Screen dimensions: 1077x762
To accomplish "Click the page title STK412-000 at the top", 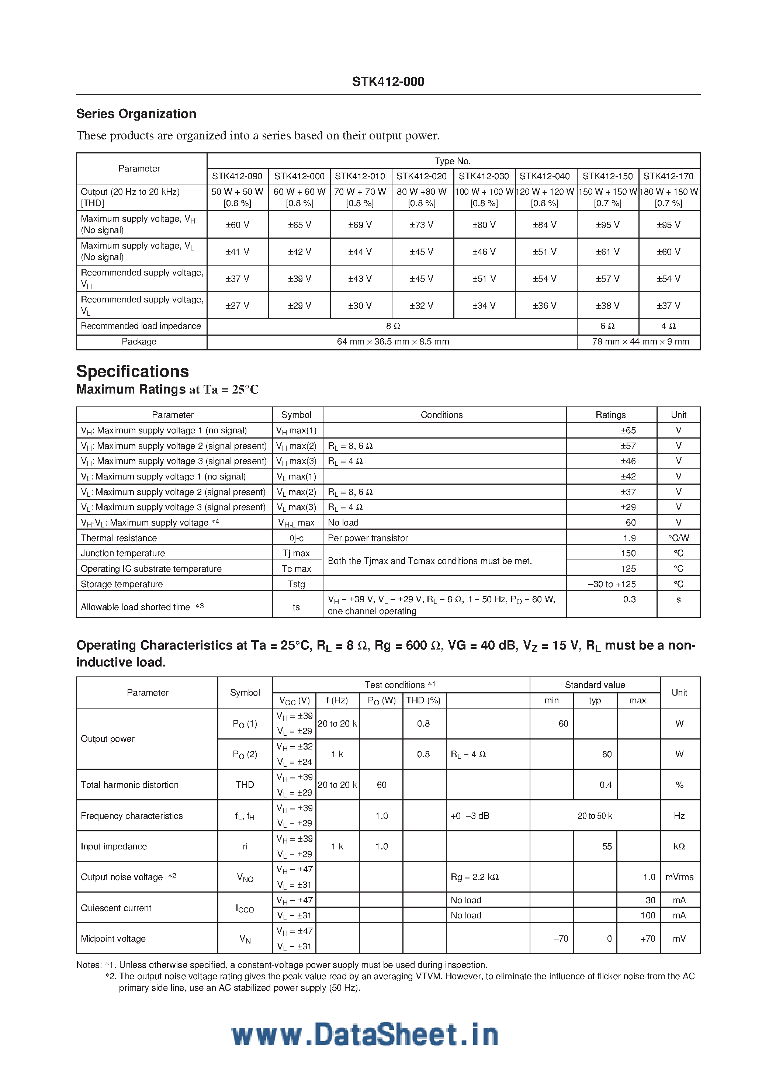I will click(388, 82).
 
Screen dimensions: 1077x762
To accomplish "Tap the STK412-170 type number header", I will click(668, 176).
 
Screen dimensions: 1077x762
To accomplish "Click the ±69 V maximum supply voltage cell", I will click(360, 225).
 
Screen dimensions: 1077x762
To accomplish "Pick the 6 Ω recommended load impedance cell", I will click(607, 326).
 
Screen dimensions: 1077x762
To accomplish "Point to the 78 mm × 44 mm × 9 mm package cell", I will click(641, 342).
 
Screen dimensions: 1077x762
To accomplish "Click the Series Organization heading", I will click(136, 114).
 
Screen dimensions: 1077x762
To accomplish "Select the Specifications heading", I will click(132, 371).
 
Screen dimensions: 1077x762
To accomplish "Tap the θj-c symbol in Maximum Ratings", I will click(296, 538).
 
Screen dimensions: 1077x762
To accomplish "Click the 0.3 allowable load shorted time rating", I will click(629, 599).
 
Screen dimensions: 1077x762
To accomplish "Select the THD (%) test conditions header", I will click(423, 701).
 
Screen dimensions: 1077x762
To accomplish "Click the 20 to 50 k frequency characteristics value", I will click(595, 816).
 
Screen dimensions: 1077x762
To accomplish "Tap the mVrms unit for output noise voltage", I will click(679, 877).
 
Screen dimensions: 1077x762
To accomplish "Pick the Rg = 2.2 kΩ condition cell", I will click(474, 877).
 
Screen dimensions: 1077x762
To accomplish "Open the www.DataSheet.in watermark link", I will click(364, 1035).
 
